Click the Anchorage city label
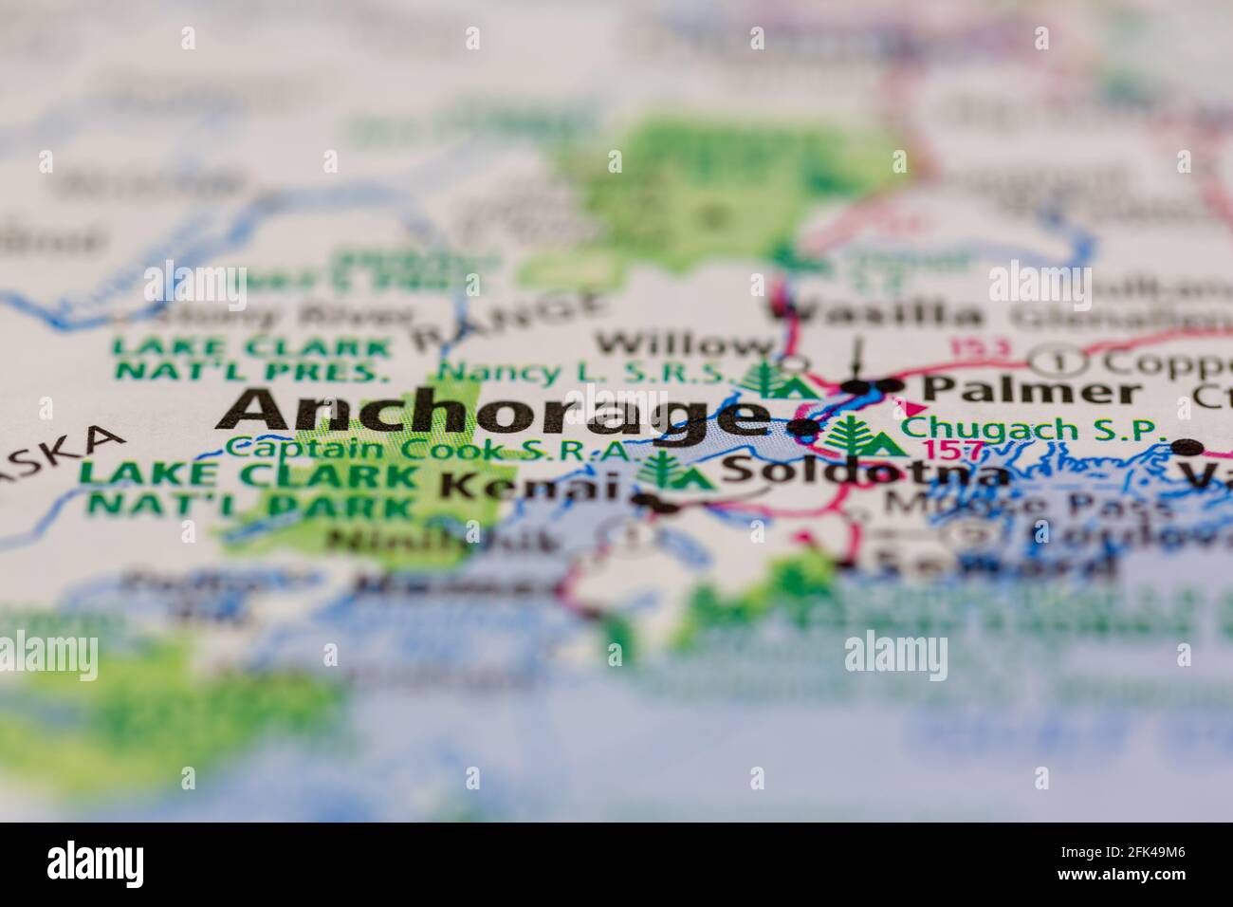[493, 414]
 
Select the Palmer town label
[1031, 390]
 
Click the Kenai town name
[531, 486]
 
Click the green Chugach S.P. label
[1033, 428]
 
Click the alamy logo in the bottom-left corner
[96, 863]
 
